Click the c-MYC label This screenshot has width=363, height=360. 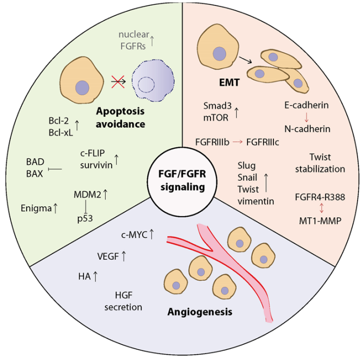tap(134, 235)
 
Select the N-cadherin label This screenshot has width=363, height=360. tap(308, 129)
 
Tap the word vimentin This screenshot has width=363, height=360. tap(255, 201)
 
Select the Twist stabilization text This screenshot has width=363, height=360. tap(320, 163)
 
